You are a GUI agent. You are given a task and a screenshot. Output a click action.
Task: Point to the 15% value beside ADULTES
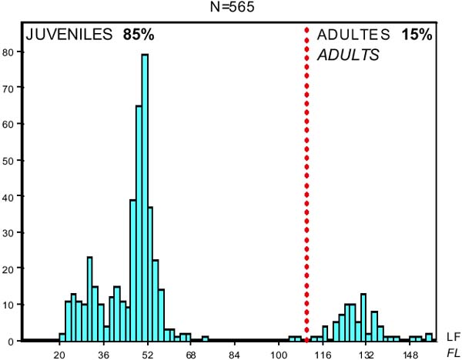tap(417, 35)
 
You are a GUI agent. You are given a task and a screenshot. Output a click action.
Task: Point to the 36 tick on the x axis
tap(103, 355)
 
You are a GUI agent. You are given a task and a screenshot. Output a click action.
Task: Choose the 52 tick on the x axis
tap(147, 355)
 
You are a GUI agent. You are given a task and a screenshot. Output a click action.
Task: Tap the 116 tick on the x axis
tap(323, 355)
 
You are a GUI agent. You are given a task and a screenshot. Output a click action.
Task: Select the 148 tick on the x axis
tap(410, 355)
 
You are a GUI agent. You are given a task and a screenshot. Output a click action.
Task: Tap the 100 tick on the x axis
tap(279, 355)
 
